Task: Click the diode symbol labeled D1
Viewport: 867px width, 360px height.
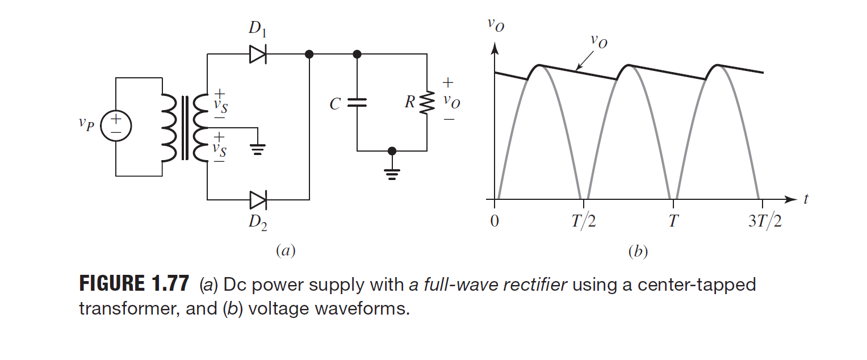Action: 258,55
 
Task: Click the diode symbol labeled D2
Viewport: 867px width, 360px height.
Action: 258,200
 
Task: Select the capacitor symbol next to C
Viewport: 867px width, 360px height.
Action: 357,103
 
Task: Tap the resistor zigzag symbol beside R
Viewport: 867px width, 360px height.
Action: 427,103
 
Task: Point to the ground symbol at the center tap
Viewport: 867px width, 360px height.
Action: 258,149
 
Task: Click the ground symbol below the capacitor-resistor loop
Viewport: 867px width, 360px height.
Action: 391,173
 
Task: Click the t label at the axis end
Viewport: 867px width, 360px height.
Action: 806,199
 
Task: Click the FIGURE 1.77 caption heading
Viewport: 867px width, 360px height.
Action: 134,284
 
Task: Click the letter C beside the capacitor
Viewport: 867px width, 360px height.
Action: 335,104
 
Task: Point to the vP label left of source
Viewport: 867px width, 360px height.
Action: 86,125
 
